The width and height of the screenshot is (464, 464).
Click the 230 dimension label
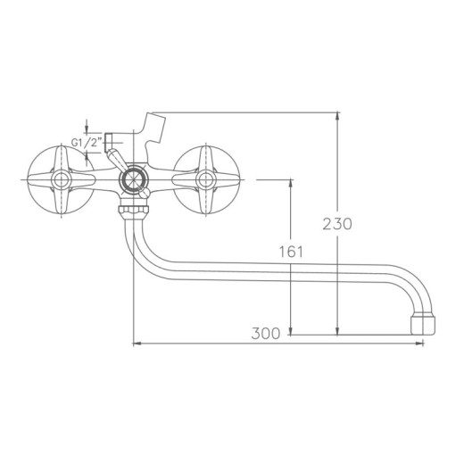pyautogui.click(x=337, y=223)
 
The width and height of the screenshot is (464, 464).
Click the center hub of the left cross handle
pyautogui.click(x=62, y=179)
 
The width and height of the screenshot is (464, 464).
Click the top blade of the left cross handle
pyautogui.click(x=62, y=158)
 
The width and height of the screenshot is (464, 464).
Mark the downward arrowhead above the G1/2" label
pyautogui.click(x=87, y=130)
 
